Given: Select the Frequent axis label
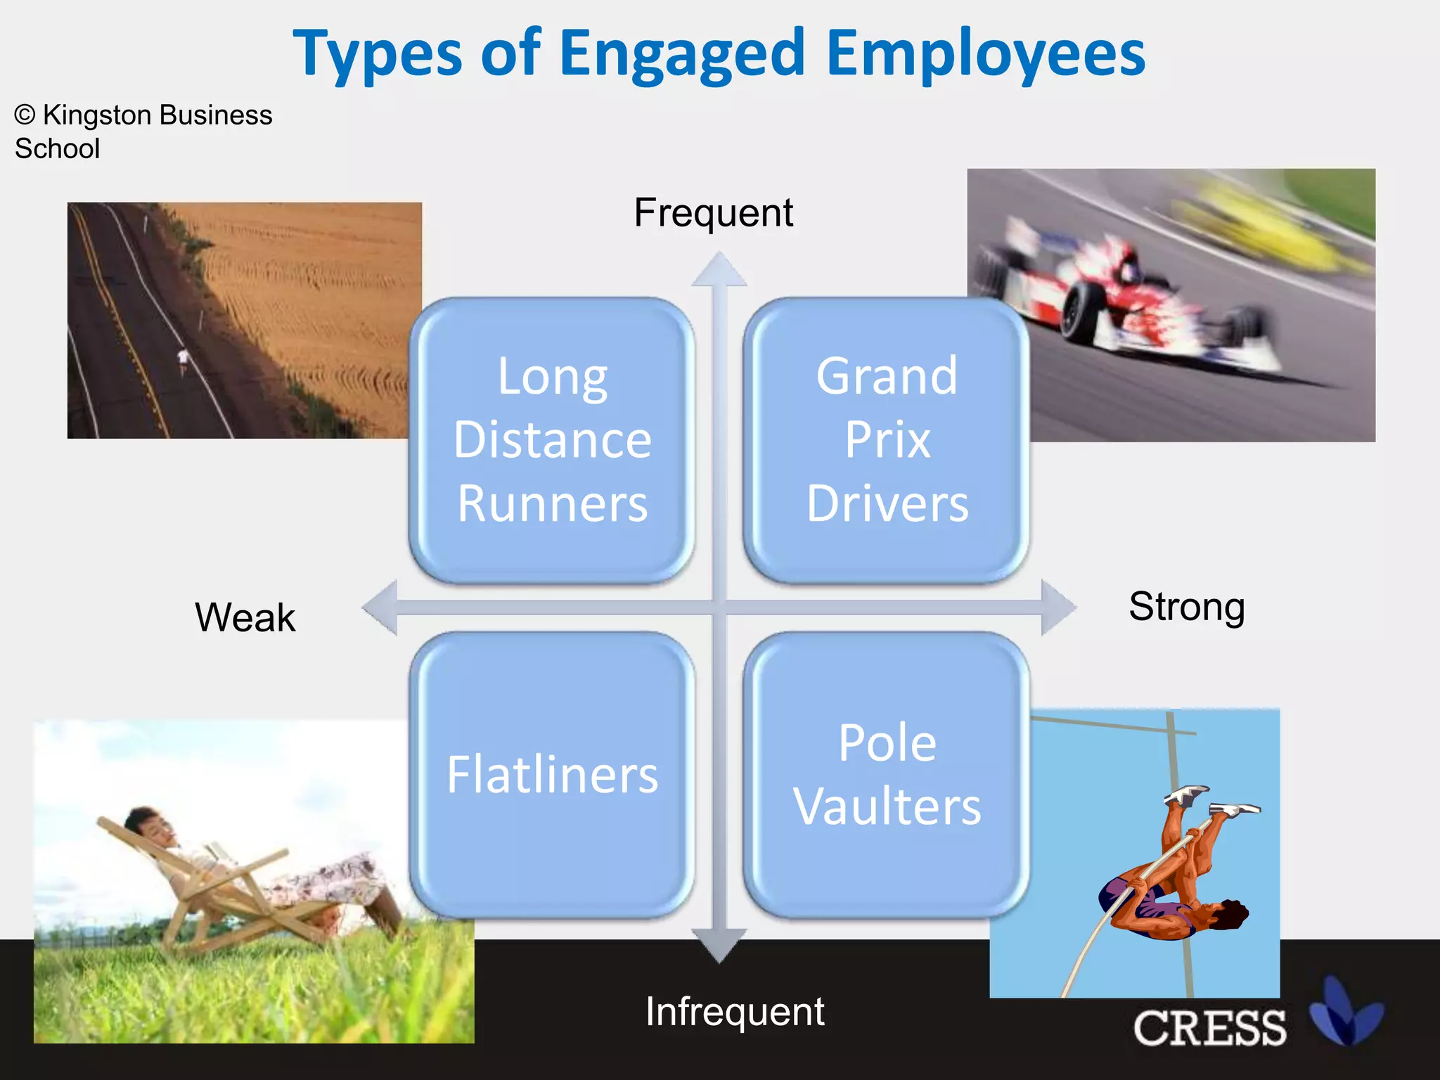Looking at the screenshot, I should [713, 212].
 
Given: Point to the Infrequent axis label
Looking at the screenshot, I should [735, 1011].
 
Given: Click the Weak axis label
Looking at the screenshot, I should [245, 617].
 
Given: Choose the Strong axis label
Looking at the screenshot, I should [1186, 606].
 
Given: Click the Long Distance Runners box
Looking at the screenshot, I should [552, 440].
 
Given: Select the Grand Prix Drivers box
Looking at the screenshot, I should [887, 440].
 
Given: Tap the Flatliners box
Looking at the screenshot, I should [552, 774].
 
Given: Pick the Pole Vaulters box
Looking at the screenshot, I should [887, 774].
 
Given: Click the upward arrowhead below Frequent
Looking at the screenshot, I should [719, 271].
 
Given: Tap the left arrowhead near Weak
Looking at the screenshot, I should [380, 607].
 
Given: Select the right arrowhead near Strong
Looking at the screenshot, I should [1057, 607].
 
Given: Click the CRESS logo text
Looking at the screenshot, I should [1209, 1028].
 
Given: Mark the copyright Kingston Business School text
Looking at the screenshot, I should [143, 131].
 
